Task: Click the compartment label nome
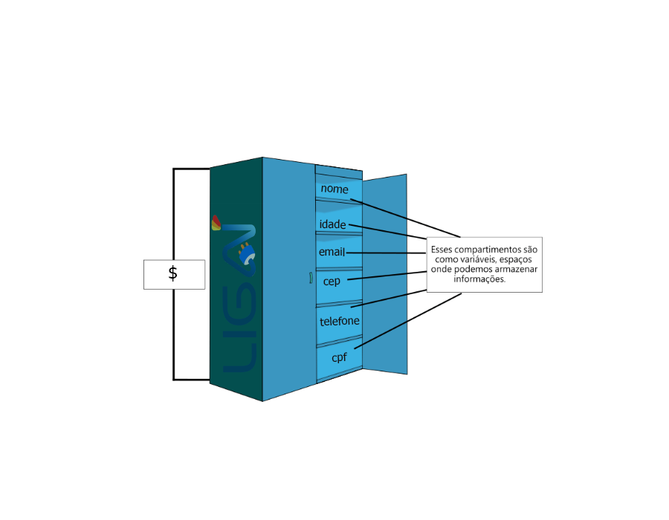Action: pyautogui.click(x=334, y=189)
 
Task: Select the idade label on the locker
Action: pyautogui.click(x=333, y=224)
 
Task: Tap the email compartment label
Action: pyautogui.click(x=332, y=253)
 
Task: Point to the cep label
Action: pyautogui.click(x=332, y=282)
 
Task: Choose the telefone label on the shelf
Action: pyautogui.click(x=339, y=322)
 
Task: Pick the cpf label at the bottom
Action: pyautogui.click(x=340, y=357)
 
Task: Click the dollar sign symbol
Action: pyautogui.click(x=173, y=273)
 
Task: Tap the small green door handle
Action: pyautogui.click(x=310, y=279)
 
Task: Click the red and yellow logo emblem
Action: pyautogui.click(x=216, y=223)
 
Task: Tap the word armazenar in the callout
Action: pyautogui.click(x=517, y=270)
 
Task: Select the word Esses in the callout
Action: pyautogui.click(x=442, y=250)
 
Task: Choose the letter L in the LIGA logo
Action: pyautogui.click(x=240, y=357)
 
